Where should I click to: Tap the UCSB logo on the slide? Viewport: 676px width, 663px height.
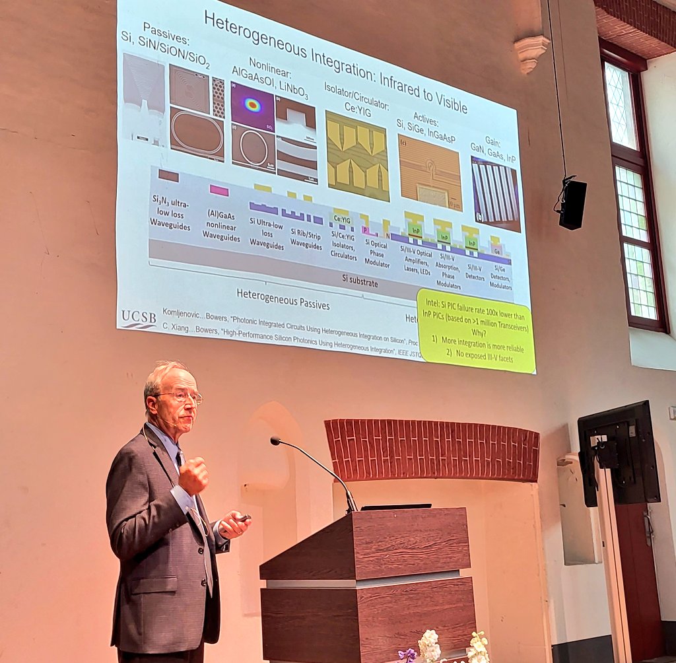[138, 319]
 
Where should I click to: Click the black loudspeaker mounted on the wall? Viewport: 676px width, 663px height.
[572, 203]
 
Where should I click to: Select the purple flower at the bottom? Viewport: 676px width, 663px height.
[407, 654]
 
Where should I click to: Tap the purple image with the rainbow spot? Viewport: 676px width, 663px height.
[252, 105]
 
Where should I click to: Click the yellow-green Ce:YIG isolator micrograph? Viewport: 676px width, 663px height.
[357, 156]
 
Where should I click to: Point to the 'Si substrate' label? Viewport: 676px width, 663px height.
[360, 283]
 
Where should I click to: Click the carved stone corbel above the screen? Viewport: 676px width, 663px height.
[531, 52]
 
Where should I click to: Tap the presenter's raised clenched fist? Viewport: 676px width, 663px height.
[193, 475]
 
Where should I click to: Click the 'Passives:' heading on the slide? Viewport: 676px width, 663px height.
[156, 30]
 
